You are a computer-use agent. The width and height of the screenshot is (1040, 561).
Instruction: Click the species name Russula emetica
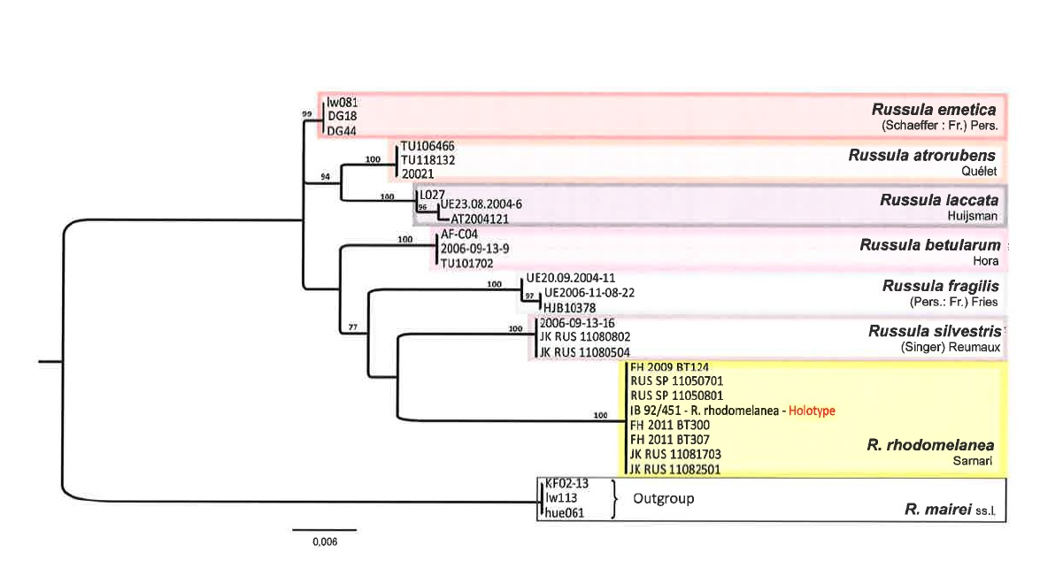tap(934, 110)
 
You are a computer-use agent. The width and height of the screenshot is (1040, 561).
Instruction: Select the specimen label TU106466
tap(428, 147)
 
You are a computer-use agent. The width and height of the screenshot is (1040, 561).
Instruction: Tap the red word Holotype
tap(812, 411)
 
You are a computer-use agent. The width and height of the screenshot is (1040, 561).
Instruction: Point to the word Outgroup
tap(663, 498)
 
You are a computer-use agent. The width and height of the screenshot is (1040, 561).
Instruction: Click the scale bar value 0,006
tap(324, 542)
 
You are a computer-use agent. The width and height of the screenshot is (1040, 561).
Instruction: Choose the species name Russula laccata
tap(939, 201)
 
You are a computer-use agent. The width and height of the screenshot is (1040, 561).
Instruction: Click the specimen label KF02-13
tap(566, 485)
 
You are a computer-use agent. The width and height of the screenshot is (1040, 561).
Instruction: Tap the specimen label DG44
tap(342, 131)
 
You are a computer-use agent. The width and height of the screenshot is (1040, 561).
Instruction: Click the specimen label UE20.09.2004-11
tap(570, 277)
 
